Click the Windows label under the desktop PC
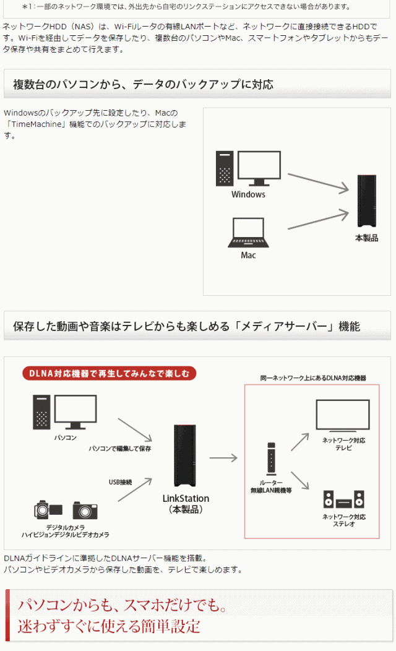point(248,194)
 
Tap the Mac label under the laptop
point(248,255)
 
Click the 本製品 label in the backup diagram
point(366,238)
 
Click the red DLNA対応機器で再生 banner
point(110,373)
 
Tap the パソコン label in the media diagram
point(65,438)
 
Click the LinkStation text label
point(186,498)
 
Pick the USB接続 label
point(120,481)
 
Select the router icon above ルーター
point(271,459)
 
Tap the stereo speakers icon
point(343,500)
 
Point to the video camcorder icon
point(48,510)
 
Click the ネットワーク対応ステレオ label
point(344,520)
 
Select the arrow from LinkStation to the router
point(223,458)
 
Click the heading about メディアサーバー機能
point(186,326)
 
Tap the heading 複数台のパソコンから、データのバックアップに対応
point(143,84)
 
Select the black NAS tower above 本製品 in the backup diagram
point(366,201)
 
